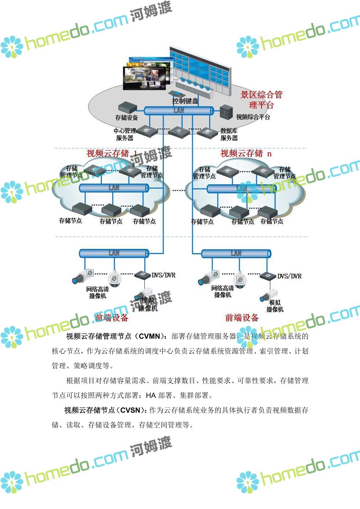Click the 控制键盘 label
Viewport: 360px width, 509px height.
185,101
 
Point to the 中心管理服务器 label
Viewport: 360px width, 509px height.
124,134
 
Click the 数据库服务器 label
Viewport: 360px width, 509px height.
229,134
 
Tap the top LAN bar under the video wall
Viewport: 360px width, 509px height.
179,111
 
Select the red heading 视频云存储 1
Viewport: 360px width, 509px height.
112,153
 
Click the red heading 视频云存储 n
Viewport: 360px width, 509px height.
246,153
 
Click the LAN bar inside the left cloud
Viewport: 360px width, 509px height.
114,188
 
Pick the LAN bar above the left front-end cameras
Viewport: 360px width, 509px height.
114,253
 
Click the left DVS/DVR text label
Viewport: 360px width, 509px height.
163,275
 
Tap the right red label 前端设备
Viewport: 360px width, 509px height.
242,318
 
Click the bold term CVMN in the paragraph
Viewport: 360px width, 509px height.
150,336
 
